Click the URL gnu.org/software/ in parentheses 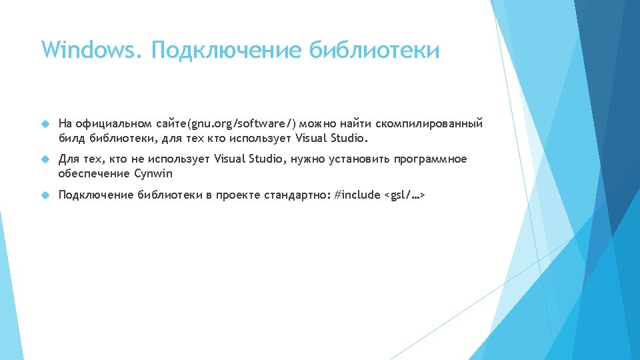coord(241,123)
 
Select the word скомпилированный coord(429,123)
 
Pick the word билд coord(71,139)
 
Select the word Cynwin coord(153,174)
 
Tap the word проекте coord(238,195)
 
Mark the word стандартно coord(297,195)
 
